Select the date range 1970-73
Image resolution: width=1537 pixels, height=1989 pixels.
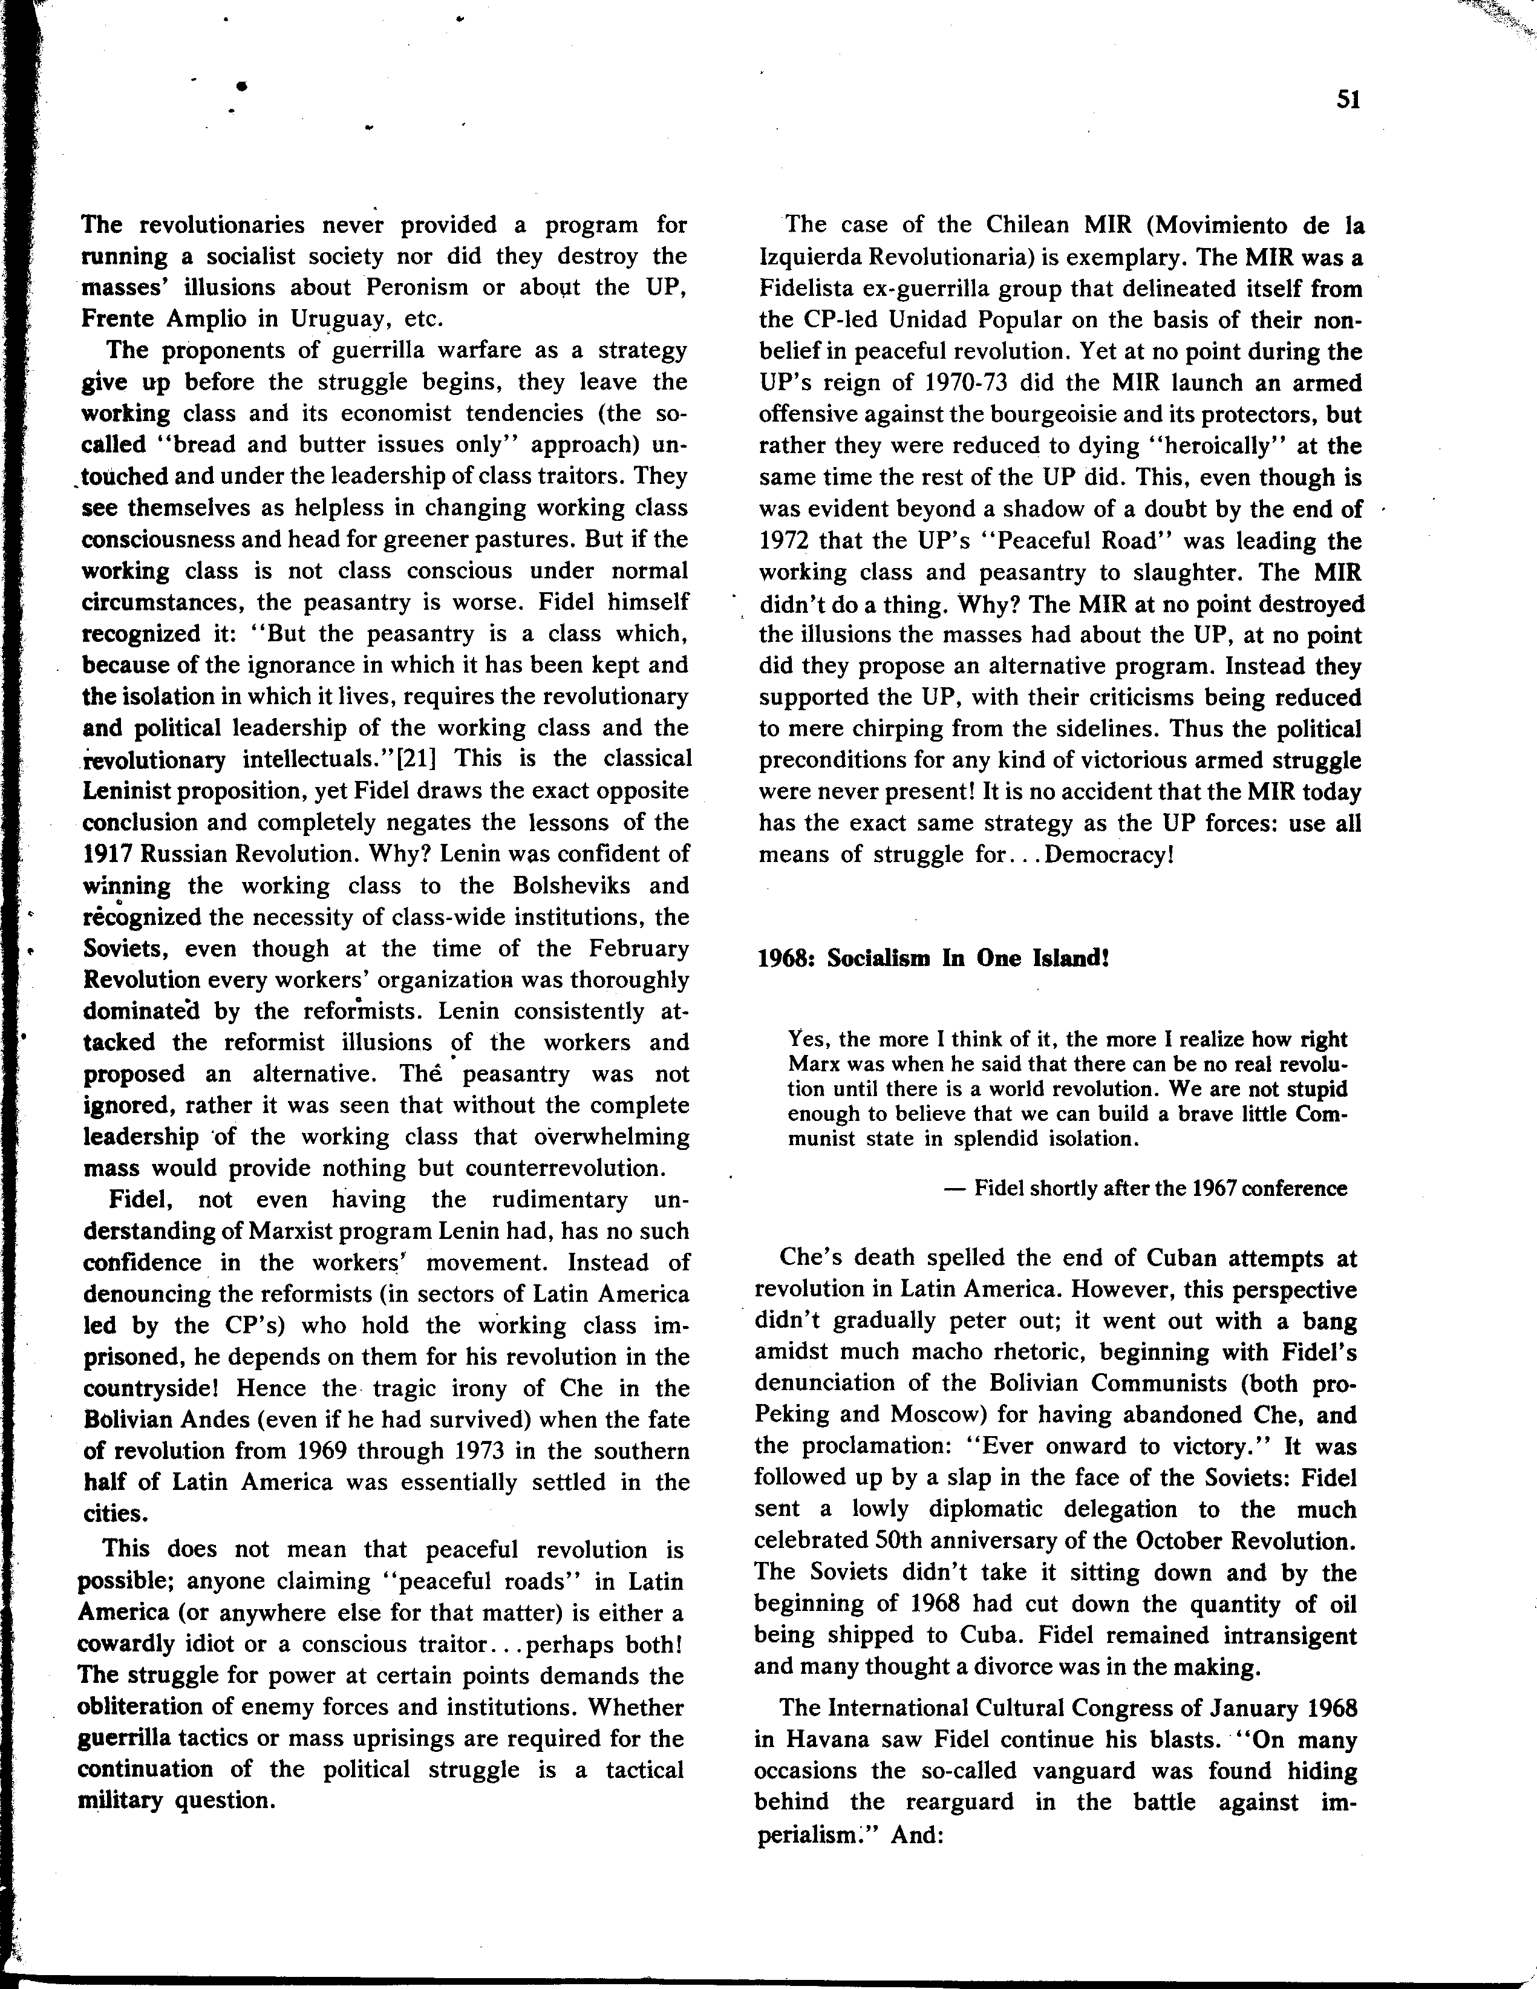coord(957,384)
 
